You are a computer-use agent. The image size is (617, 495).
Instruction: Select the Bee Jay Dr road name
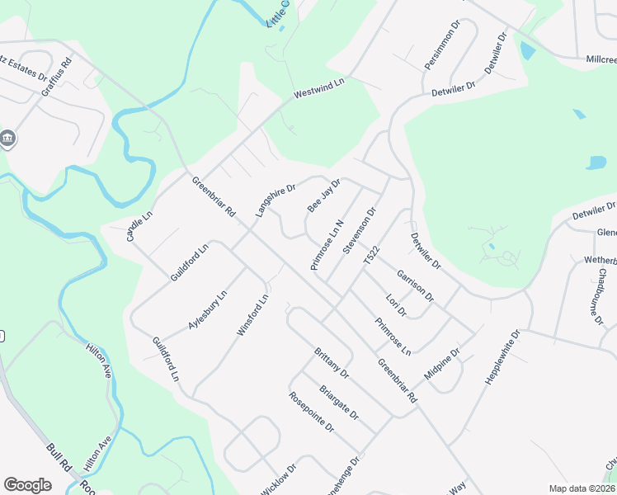pyautogui.click(x=324, y=196)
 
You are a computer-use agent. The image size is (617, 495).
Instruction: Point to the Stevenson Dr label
pyautogui.click(x=360, y=229)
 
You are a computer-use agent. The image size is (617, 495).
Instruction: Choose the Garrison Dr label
pyautogui.click(x=415, y=285)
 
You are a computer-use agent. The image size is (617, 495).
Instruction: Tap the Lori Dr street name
pyautogui.click(x=397, y=305)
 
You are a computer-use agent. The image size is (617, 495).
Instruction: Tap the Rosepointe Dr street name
pyautogui.click(x=311, y=412)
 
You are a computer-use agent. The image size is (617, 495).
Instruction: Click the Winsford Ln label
pyautogui.click(x=253, y=315)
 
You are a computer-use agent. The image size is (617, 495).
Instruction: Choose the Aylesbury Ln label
pyautogui.click(x=206, y=310)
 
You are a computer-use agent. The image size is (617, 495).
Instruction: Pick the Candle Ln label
pyautogui.click(x=140, y=225)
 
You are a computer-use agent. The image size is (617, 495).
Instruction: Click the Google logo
pyautogui.click(x=27, y=485)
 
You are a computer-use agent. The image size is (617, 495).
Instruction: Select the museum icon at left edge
pyautogui.click(x=8, y=138)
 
